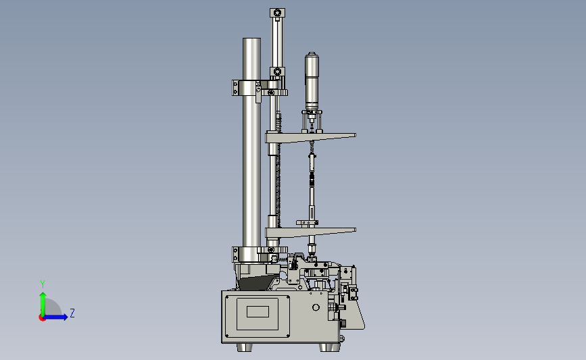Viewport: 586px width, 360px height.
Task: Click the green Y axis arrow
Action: point(43,304)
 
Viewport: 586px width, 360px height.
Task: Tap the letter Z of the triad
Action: point(72,313)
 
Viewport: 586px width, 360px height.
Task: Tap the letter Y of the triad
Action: point(43,284)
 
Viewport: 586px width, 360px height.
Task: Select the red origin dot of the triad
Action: point(42,318)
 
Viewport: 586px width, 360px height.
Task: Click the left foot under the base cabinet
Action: point(245,347)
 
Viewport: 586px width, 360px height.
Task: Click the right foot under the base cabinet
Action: point(329,347)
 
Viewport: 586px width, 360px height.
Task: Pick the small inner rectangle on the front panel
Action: point(258,312)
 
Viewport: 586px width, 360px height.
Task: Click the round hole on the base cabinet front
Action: point(316,307)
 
